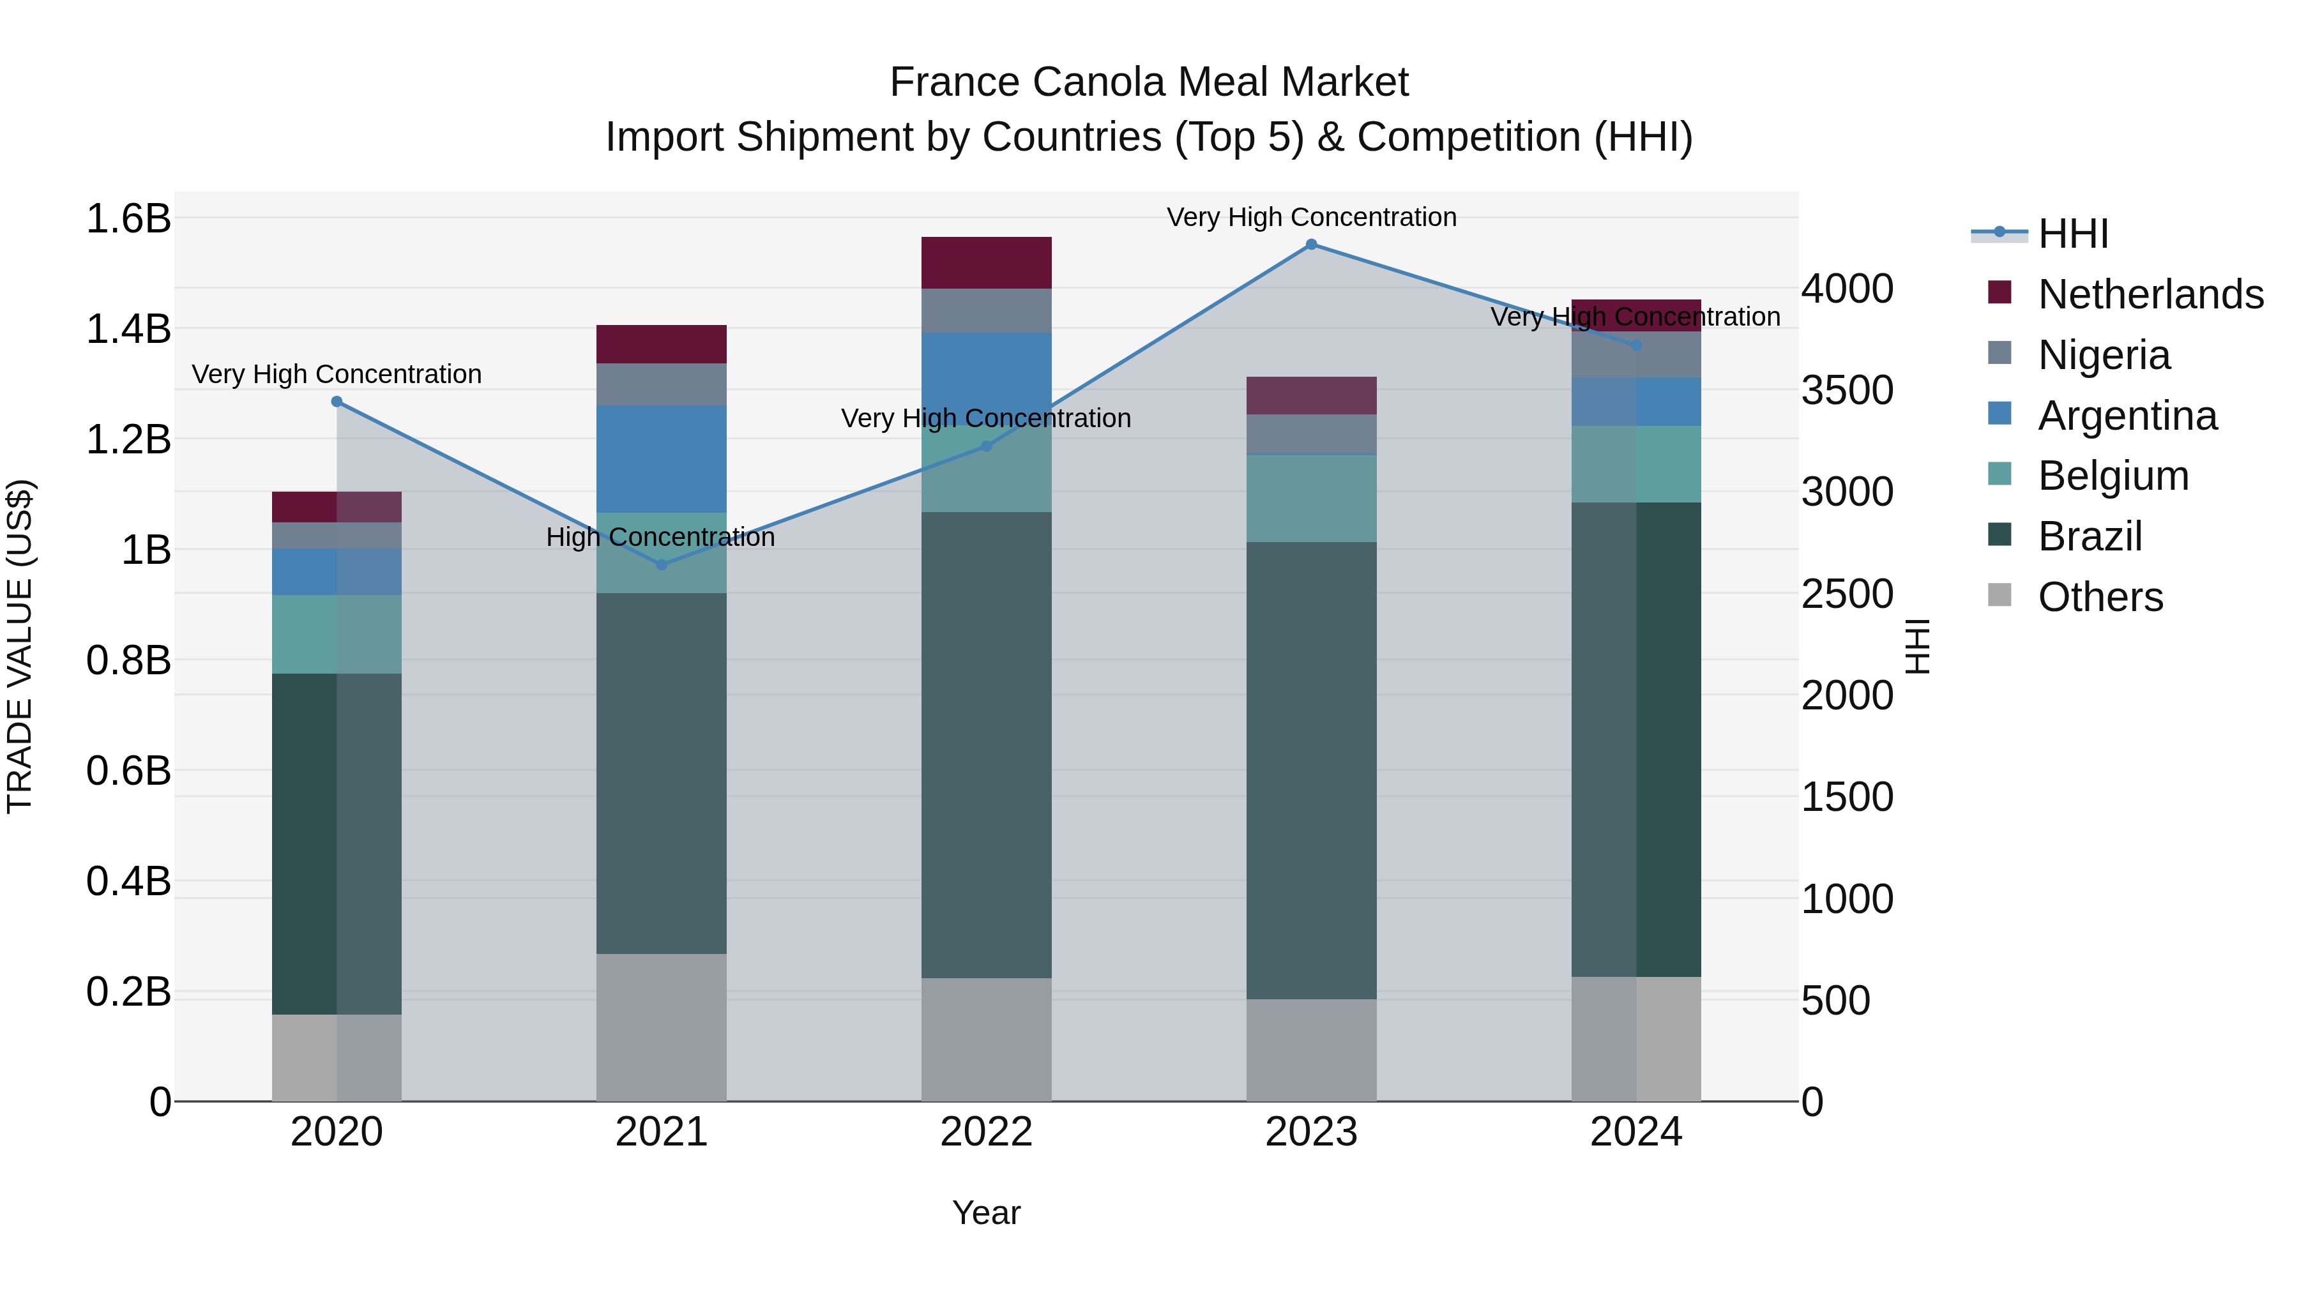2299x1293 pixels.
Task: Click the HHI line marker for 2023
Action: [x=1311, y=245]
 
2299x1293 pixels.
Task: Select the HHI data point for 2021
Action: [x=662, y=565]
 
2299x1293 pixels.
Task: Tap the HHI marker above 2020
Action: [x=337, y=402]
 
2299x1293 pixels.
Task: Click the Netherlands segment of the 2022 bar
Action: [x=986, y=262]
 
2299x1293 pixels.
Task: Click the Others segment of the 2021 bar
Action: [x=662, y=1027]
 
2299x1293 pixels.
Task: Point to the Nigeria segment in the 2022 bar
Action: [x=986, y=310]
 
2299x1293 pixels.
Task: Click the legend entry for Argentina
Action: [x=2127, y=416]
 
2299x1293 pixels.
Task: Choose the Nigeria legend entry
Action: [x=2104, y=355]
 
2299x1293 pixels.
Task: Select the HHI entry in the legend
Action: [x=2072, y=234]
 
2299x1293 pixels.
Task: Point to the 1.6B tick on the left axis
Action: [x=128, y=218]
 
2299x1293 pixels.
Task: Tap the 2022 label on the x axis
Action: [x=986, y=1132]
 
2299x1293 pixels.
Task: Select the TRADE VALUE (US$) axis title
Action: [x=20, y=646]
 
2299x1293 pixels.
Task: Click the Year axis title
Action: [x=986, y=1213]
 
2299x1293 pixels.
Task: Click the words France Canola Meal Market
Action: [x=1149, y=82]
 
